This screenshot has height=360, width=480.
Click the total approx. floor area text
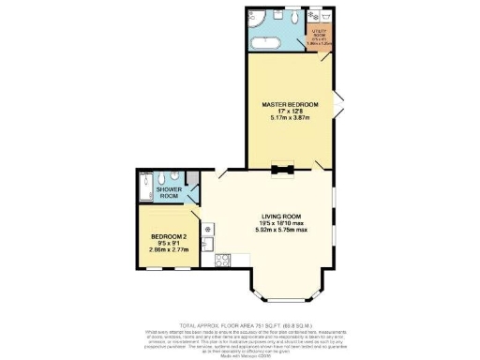[x=239, y=320]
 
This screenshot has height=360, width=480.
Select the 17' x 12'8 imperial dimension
[x=285, y=112]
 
